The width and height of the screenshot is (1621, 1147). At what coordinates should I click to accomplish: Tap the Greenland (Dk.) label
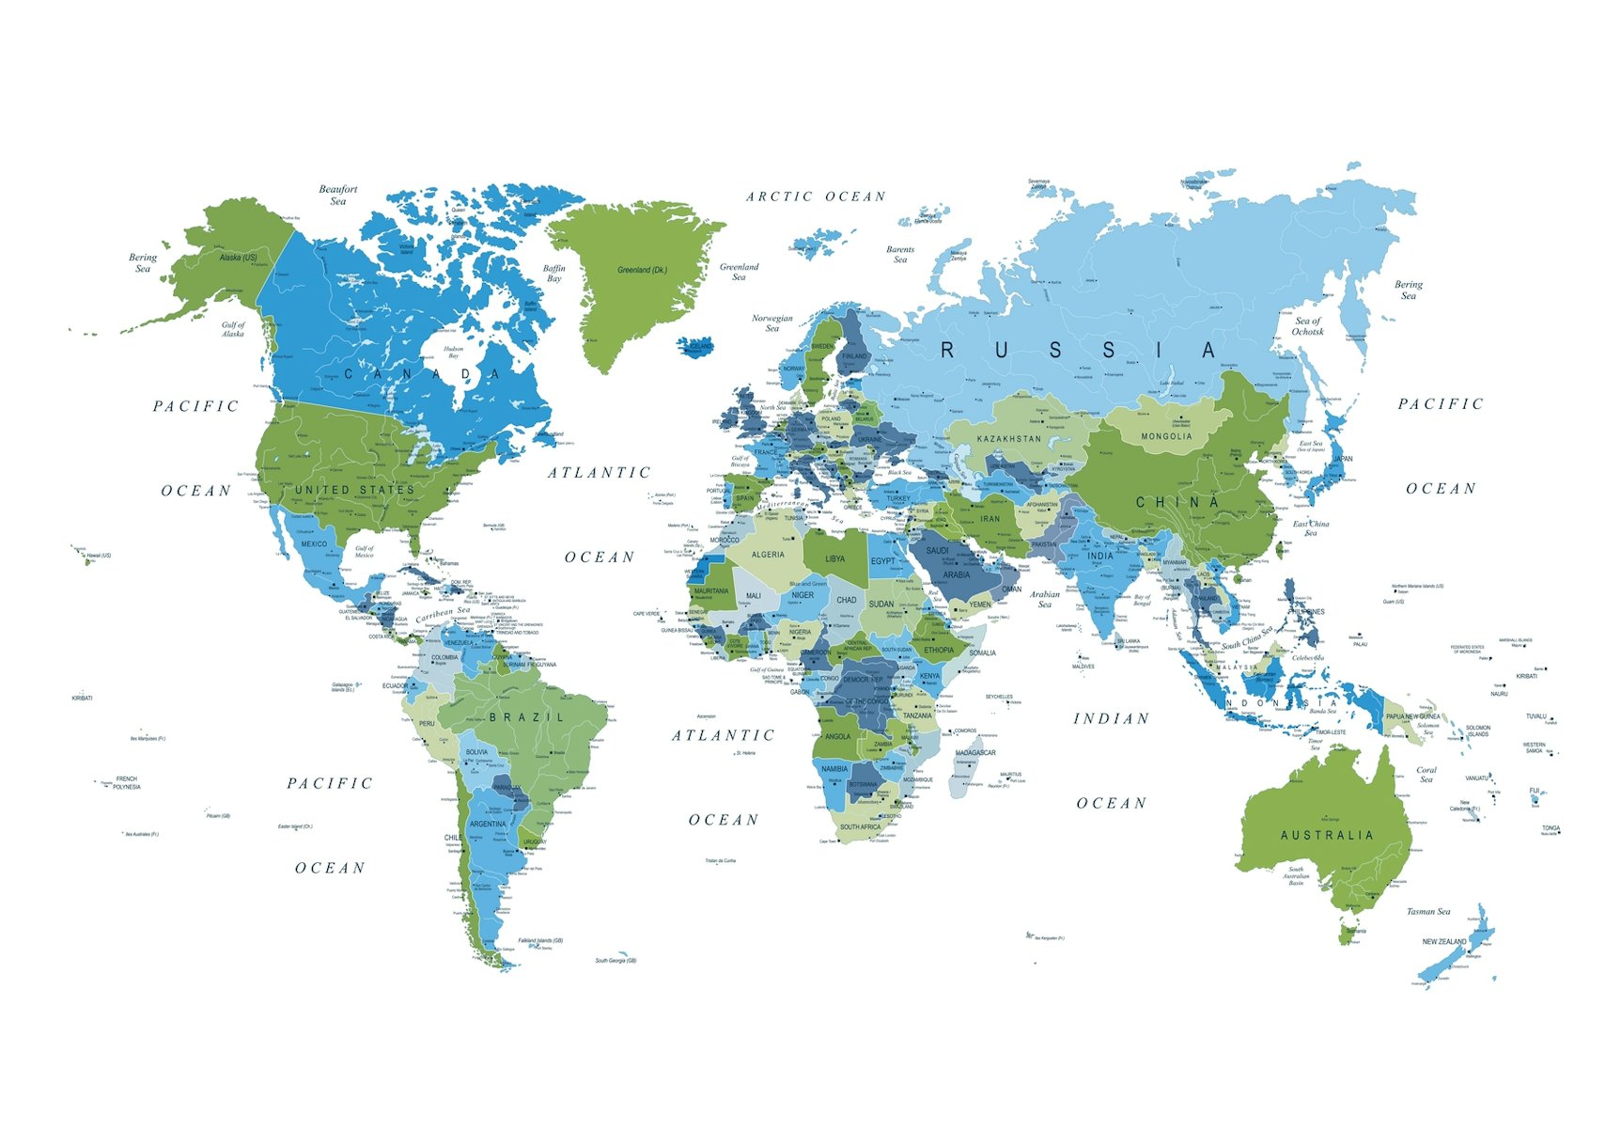pos(643,270)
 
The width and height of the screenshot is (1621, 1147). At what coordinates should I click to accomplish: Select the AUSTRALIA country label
pos(1326,835)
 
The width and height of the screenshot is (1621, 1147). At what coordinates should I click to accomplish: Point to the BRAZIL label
pos(526,717)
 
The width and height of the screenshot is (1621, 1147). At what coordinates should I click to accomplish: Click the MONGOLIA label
pos(1166,436)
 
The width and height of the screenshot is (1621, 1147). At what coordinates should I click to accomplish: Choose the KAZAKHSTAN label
pos(1008,439)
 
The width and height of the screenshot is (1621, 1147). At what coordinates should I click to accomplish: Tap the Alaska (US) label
pos(238,257)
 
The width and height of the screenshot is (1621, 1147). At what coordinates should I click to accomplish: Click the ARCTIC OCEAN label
pos(816,196)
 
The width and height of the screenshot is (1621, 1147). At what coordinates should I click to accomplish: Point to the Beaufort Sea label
pos(338,195)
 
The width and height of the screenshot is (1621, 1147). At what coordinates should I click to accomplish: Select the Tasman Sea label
pos(1427,911)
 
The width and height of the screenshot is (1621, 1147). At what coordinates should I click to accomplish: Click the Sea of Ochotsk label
pos(1307,326)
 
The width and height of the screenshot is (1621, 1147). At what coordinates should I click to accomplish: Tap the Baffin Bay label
pos(554,274)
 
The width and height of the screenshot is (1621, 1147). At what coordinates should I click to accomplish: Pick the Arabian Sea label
pos(1045,599)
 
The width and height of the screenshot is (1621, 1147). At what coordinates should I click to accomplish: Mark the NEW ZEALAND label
pos(1443,941)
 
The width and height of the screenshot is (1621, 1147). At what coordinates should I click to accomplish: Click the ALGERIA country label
pos(768,555)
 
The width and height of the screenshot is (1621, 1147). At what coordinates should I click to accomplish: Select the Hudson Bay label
pos(454,352)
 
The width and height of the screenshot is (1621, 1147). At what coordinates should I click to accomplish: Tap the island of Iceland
pos(696,346)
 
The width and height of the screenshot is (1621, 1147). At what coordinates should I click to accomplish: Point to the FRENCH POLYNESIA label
pos(127,782)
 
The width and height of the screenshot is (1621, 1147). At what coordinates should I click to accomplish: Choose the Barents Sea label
pos(900,254)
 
